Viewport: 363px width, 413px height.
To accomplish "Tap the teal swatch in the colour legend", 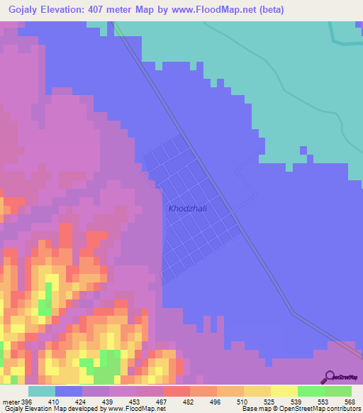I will (41, 392).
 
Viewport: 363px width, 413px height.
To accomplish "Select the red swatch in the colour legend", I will (176, 392).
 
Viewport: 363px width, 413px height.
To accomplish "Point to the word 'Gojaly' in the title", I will (21, 9).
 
